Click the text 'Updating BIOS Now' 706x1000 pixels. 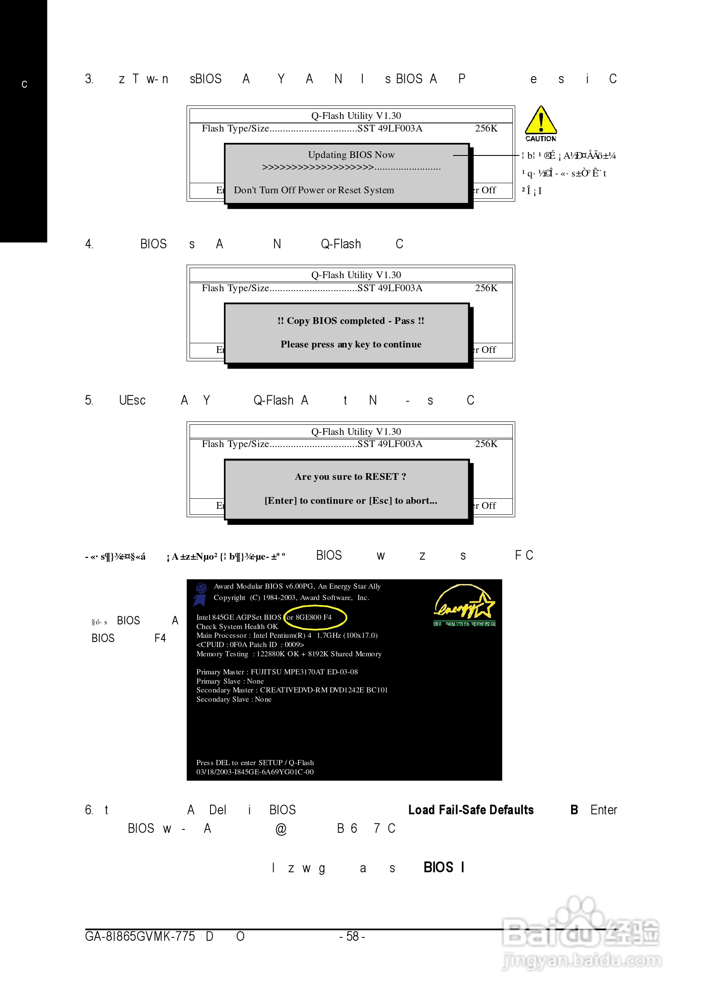pos(351,155)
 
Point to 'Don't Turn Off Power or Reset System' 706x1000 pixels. pos(313,190)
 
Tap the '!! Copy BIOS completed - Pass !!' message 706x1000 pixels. pos(350,321)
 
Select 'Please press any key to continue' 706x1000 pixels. pos(350,345)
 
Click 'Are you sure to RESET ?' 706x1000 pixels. pos(350,476)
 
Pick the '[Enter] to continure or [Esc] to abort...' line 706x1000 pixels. pos(350,501)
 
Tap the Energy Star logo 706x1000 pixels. pos(464,605)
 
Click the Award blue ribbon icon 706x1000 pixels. pos(200,594)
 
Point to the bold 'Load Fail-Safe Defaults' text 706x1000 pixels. pos(470,810)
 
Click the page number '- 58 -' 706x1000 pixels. pos(352,936)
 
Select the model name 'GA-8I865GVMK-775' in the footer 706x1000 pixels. pos(140,937)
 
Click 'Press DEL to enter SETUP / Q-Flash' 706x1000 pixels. pos(255,763)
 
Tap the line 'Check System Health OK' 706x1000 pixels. pos(237,627)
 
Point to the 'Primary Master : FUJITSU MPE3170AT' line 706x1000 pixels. pos(277,672)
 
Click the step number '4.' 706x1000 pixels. pos(89,245)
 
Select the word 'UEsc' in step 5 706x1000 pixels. pos(132,401)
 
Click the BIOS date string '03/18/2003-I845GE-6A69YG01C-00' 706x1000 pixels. pos(255,772)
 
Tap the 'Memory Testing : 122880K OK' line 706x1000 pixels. pos(289,654)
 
